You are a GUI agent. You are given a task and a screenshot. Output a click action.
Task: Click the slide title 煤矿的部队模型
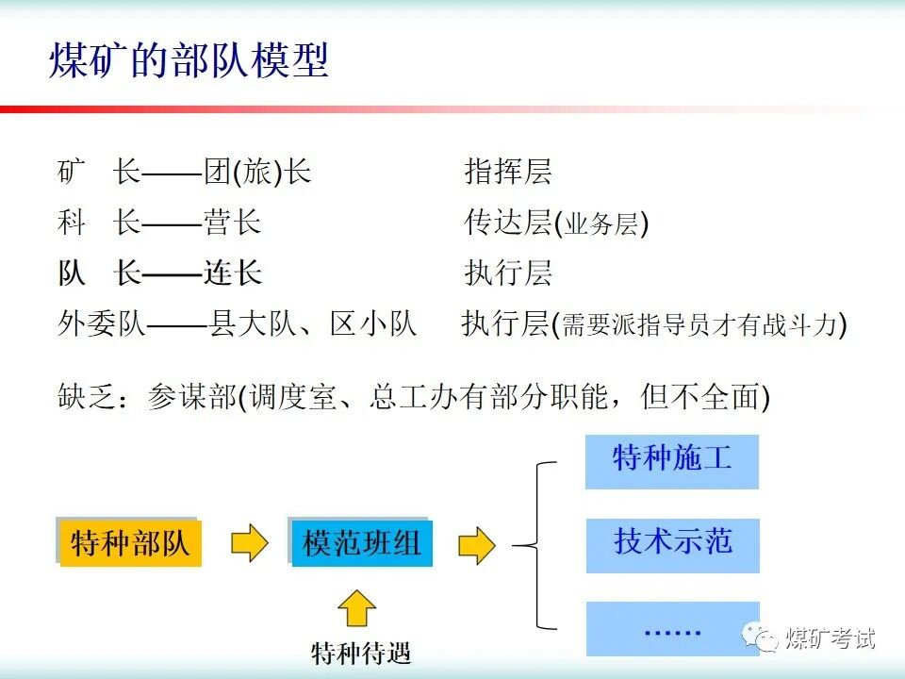pos(189,61)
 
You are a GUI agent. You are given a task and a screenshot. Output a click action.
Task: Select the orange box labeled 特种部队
pos(130,543)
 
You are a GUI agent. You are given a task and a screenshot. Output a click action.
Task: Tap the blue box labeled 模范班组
pos(362,543)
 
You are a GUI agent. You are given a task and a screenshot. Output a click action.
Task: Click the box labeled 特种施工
pos(672,459)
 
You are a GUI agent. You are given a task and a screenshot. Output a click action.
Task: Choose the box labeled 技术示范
pos(672,542)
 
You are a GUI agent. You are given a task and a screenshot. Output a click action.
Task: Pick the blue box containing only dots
pos(672,628)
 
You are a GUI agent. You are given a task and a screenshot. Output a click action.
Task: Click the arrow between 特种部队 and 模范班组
pos(249,543)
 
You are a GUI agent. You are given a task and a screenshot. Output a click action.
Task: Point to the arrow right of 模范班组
pos(477,544)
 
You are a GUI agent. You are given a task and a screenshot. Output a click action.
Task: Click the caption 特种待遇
pos(362,653)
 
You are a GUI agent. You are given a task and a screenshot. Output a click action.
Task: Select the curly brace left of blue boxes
pos(537,544)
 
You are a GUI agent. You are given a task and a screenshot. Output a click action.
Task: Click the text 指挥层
pos(508,173)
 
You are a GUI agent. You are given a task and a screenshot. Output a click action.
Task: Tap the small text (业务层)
pos(603,224)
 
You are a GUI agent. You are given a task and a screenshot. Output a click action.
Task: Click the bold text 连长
pos(232,273)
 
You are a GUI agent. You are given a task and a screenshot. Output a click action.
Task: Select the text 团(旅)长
pos(256,173)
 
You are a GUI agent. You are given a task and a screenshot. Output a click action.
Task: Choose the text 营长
pos(232,224)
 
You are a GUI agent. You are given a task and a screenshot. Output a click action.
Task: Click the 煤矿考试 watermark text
pos(831,638)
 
